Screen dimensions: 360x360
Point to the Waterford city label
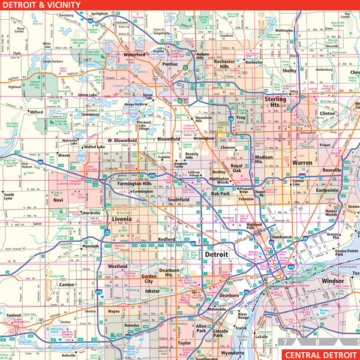click(135, 55)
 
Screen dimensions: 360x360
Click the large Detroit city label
click(216, 254)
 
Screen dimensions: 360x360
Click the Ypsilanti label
click(13, 314)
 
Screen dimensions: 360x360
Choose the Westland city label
click(118, 266)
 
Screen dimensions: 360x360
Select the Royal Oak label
click(236, 169)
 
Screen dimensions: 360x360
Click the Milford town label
click(37, 112)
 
